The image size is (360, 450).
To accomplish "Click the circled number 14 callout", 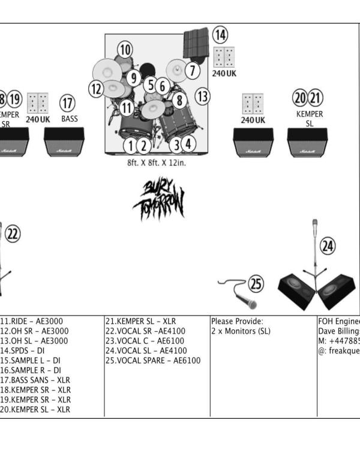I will [221, 35].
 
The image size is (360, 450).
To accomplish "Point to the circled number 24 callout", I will [328, 245].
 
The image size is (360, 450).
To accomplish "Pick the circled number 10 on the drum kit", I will [124, 50].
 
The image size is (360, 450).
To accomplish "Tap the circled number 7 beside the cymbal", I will [192, 70].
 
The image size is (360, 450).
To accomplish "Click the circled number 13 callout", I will [203, 95].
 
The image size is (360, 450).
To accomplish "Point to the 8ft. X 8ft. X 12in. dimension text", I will [156, 162].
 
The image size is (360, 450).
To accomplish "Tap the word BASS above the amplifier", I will [70, 119].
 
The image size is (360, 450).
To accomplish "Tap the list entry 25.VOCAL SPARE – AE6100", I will [153, 361].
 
